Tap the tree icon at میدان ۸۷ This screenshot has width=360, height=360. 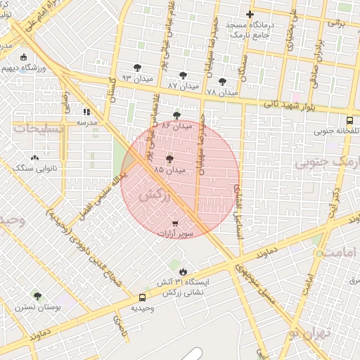click(x=184, y=75)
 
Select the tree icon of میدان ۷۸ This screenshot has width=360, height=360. click(x=223, y=82)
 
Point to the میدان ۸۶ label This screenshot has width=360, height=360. click(x=176, y=126)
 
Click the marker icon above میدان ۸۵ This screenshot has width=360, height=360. click(x=169, y=159)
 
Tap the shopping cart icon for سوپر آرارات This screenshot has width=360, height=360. click(x=175, y=223)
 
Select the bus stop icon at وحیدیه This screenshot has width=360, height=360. click(x=143, y=297)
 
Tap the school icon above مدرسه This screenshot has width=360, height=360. click(x=86, y=112)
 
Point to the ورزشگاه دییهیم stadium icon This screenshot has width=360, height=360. click(x=24, y=58)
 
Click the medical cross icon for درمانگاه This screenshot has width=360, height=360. click(x=250, y=14)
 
